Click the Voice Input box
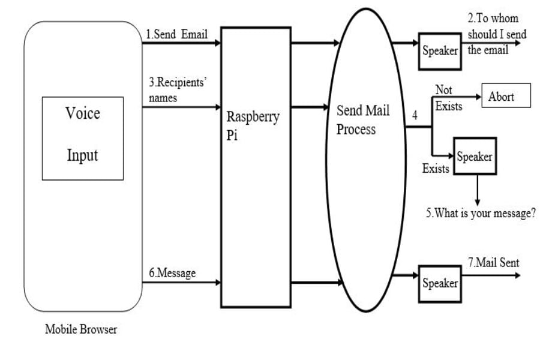pos(82,138)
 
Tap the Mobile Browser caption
pos(81,329)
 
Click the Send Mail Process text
pos(362,120)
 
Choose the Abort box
pos(506,96)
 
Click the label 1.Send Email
pos(177,34)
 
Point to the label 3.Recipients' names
pos(176,90)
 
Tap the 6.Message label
pos(172,273)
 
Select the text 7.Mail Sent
pos(493,263)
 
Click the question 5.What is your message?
pos(481,214)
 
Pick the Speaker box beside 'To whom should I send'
pos(439,51)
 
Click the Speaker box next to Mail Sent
pos(439,283)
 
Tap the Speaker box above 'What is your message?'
pos(475,157)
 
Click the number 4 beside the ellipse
pos(415,116)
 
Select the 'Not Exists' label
pos(448,98)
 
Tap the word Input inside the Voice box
pos(82,155)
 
